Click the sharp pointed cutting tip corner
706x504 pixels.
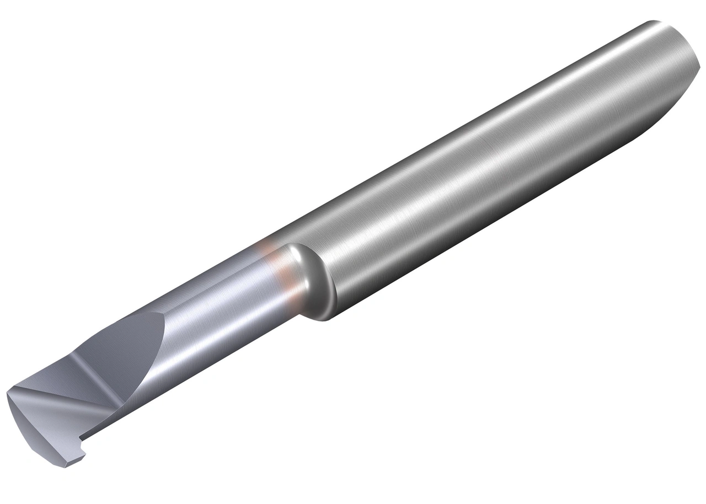pyautogui.click(x=8, y=394)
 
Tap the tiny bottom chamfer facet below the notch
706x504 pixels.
pyautogui.click(x=72, y=460)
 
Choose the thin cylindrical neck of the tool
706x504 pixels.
pyautogui.click(x=221, y=309)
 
